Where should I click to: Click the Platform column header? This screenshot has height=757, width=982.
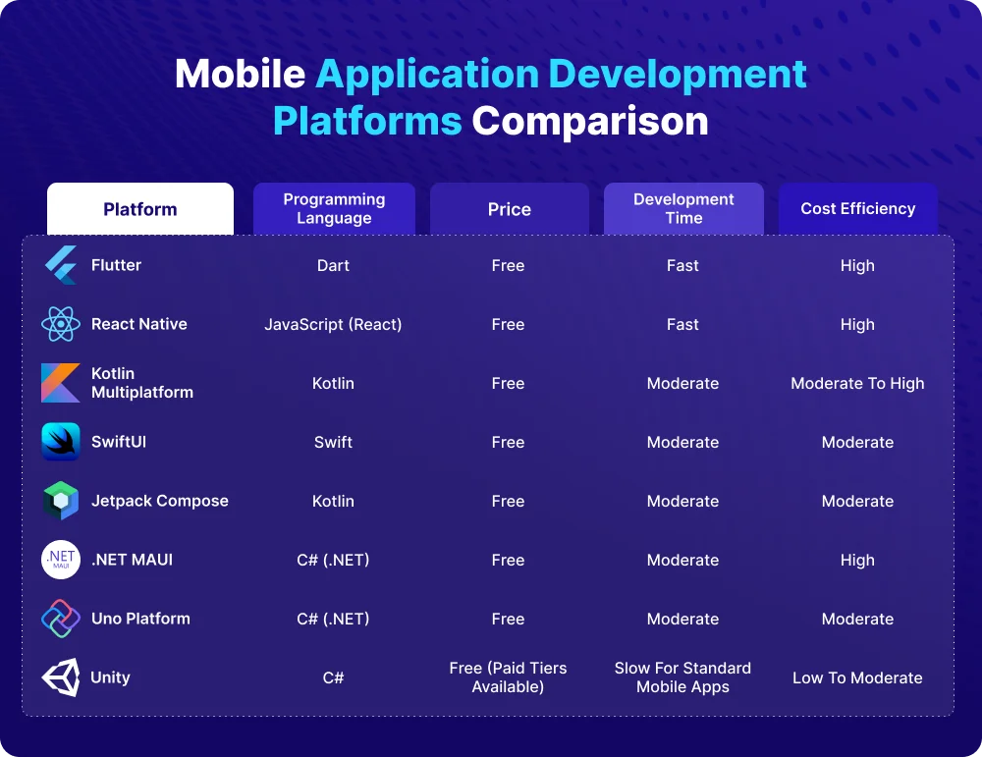[x=140, y=209]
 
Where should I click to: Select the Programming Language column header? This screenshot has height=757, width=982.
[x=334, y=208]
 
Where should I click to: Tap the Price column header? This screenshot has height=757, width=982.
[x=509, y=209]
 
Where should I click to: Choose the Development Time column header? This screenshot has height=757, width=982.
[x=683, y=208]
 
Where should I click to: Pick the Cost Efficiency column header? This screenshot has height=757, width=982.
[x=857, y=208]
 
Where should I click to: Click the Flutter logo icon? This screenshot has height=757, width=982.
[x=61, y=265]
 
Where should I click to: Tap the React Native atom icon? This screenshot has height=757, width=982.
[x=61, y=324]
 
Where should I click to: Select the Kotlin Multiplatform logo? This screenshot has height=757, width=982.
[x=61, y=383]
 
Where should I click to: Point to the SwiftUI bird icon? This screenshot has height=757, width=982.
[x=61, y=442]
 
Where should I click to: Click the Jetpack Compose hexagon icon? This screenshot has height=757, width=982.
[x=61, y=501]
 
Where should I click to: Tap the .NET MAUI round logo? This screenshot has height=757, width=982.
[x=61, y=560]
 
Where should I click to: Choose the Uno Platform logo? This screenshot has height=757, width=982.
[x=61, y=619]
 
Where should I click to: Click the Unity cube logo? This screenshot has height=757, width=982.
[x=61, y=677]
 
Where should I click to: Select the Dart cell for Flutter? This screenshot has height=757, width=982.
[x=333, y=265]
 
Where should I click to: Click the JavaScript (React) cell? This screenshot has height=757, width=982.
[x=333, y=324]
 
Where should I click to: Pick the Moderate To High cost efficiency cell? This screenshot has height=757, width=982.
[x=857, y=383]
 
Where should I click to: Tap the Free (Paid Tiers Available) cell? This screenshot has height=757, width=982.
[x=508, y=677]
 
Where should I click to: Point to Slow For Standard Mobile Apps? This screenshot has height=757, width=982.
[x=682, y=677]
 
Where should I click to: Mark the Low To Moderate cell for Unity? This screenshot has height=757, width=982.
[x=857, y=677]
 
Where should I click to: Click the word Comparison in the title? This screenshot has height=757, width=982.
[x=589, y=121]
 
